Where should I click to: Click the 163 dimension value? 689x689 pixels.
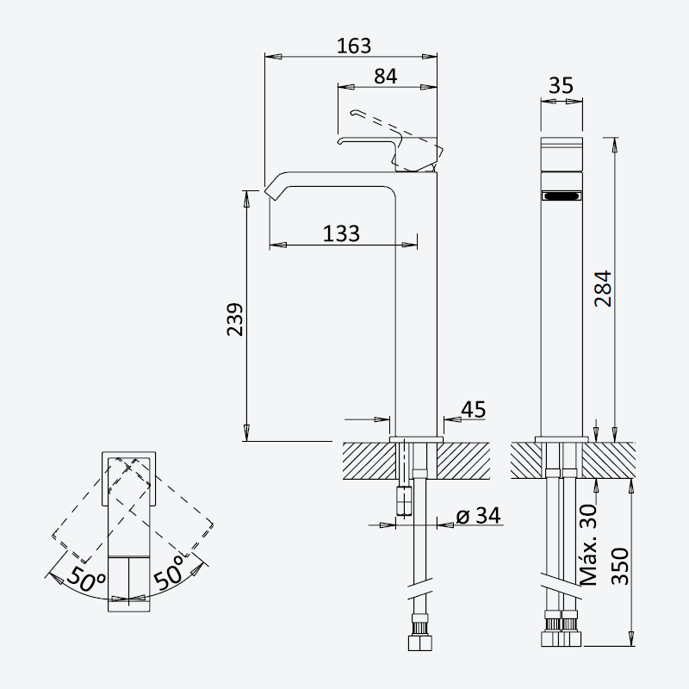pos(354,46)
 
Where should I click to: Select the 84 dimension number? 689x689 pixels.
pos(385,77)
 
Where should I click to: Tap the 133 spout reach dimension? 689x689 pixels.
pos(341,233)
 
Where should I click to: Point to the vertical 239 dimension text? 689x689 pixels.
pos(234,320)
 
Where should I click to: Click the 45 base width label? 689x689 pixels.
pos(473,410)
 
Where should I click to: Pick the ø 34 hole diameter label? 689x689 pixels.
pos(479,515)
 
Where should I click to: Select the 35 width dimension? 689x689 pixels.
pos(562,85)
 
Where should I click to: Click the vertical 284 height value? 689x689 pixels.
pos(603,289)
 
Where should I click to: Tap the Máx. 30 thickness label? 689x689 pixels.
pos(589,545)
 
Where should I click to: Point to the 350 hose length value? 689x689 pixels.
pos(620,566)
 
